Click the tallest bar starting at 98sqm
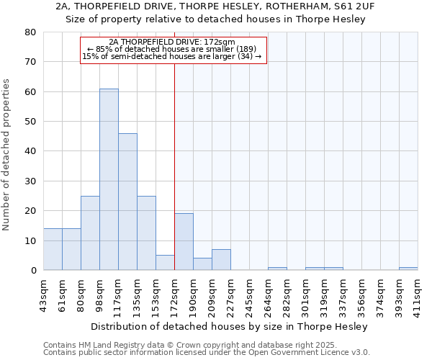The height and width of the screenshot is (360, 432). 109,180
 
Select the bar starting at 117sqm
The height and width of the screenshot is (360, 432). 127,202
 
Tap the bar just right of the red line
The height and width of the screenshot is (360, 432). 184,242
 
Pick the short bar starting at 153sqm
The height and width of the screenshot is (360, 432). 165,263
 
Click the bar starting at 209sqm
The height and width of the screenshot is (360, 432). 221,260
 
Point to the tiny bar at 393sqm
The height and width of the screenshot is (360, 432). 408,269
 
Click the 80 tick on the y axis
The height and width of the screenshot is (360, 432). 30,32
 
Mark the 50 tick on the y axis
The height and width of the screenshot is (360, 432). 30,122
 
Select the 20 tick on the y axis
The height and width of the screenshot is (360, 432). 30,211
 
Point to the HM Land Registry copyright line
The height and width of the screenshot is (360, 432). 206,346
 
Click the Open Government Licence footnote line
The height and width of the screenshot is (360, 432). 206,353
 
